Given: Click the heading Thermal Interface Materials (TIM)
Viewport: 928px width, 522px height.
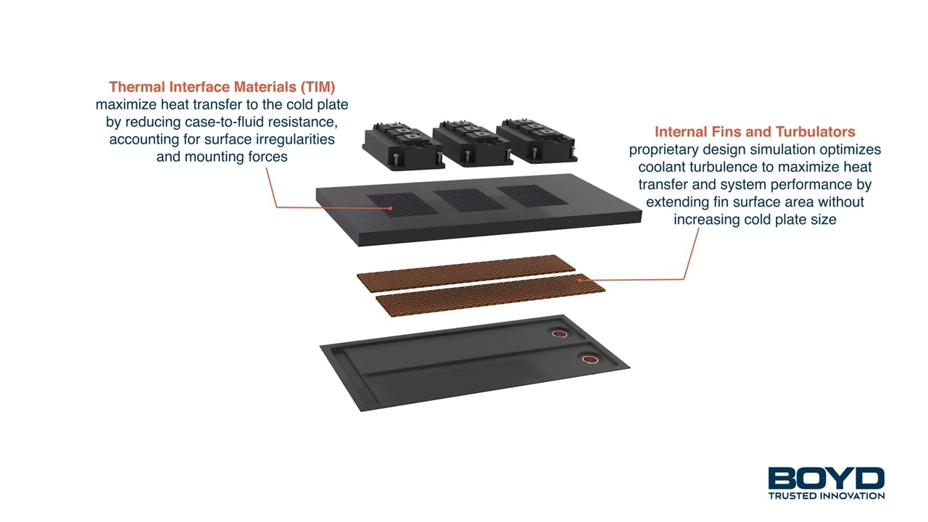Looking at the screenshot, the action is [x=222, y=87].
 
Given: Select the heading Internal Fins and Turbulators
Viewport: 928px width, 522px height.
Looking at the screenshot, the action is [x=755, y=132].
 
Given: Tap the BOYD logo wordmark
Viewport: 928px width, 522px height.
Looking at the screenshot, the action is [x=826, y=478].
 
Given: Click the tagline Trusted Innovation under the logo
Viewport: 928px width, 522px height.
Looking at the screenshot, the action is [x=826, y=495].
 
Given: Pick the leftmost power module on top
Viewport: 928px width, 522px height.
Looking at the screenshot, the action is [x=403, y=146].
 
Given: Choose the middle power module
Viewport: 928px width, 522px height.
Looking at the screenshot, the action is [x=471, y=144].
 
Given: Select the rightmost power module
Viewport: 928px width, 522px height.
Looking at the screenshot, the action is [x=536, y=141].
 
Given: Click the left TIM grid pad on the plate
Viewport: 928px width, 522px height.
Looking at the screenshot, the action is [x=402, y=204].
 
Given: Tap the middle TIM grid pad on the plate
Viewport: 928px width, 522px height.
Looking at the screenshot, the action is [x=470, y=200].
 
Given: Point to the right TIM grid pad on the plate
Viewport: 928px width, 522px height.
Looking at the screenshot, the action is [x=532, y=196].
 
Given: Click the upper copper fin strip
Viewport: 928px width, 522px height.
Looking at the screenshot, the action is [x=466, y=273].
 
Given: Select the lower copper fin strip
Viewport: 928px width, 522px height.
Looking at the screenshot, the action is [x=491, y=295].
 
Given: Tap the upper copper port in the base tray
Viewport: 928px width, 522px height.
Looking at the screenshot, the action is [x=559, y=333].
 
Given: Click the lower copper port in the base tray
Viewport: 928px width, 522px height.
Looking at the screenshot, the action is [x=590, y=359].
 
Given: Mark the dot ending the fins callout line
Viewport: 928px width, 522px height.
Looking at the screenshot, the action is [x=579, y=280].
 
